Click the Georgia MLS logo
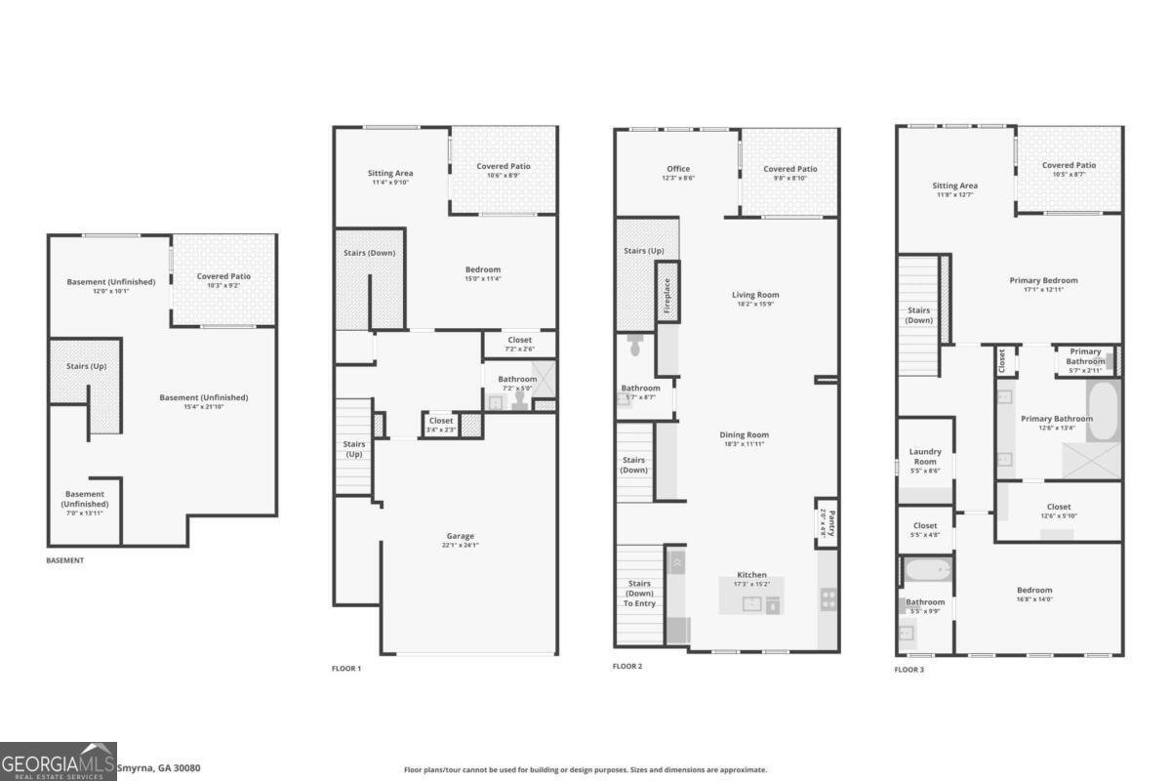click(59, 761)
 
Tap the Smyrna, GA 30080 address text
click(159, 768)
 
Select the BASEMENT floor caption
click(65, 560)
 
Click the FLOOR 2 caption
click(627, 667)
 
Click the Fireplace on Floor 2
click(667, 291)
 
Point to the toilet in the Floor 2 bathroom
click(635, 345)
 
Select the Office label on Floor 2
click(678, 169)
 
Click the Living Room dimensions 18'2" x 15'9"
click(756, 305)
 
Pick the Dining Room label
click(745, 434)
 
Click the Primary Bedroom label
click(1043, 280)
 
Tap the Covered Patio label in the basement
click(223, 276)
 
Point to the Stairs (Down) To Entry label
click(639, 594)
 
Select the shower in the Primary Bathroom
click(1091, 460)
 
